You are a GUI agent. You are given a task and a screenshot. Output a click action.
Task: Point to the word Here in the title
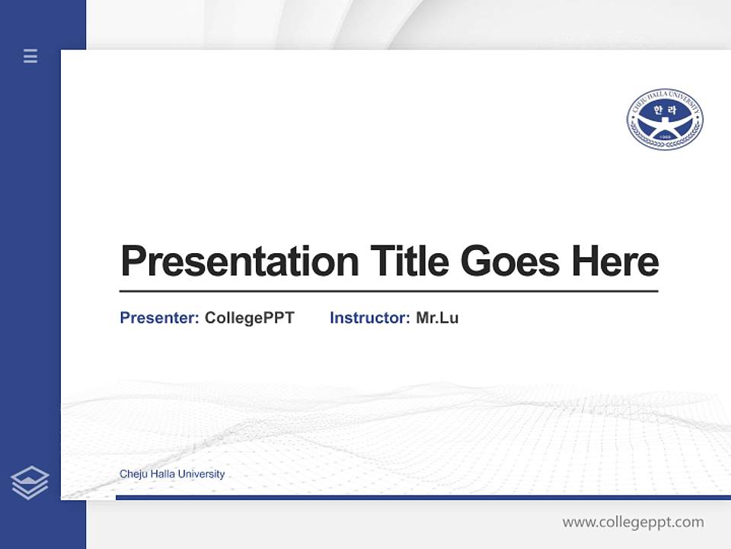[x=615, y=262]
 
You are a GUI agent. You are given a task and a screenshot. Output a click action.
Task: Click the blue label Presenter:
[x=160, y=318]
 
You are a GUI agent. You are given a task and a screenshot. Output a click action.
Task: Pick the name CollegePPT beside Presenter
[x=250, y=318]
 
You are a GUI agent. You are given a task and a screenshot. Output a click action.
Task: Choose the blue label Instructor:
[x=370, y=318]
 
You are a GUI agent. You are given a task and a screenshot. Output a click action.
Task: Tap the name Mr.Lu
[x=437, y=318]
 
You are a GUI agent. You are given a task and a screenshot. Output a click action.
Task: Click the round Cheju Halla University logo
[x=665, y=119]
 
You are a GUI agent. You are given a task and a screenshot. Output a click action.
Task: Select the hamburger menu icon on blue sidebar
[x=30, y=56]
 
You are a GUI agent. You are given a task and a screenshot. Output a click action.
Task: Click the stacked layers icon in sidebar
[x=30, y=482]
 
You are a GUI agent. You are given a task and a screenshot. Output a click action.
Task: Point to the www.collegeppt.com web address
[x=633, y=522]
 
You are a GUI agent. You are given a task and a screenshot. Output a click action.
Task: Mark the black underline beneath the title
[x=388, y=291]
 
